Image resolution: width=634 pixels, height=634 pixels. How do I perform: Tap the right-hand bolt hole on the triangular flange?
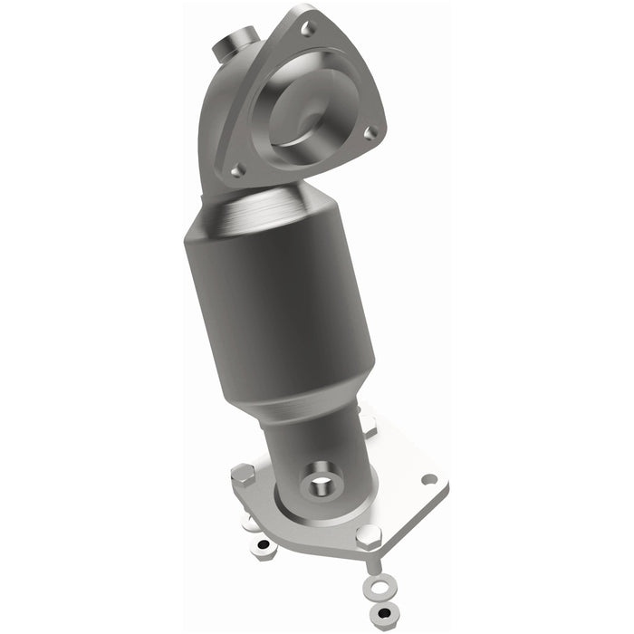(370, 132)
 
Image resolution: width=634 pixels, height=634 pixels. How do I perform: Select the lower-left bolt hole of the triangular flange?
(237, 169)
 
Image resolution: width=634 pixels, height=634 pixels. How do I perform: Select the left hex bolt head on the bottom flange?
(243, 475)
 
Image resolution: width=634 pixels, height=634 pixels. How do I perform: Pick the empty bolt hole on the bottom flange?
(428, 478)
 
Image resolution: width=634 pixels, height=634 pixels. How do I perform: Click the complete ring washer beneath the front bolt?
(379, 589)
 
